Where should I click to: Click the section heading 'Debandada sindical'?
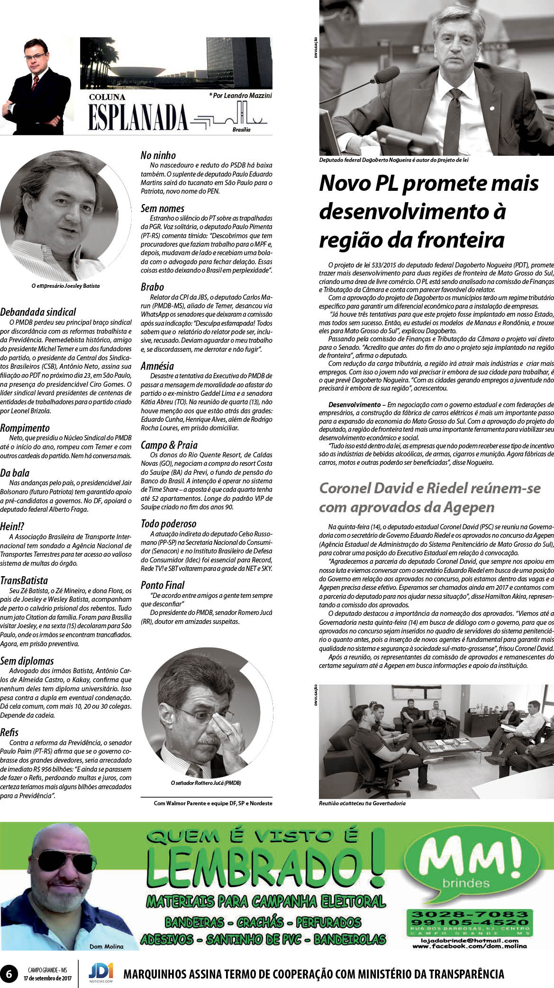[38, 312]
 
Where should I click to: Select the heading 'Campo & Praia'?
[169, 445]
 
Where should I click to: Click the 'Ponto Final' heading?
[163, 585]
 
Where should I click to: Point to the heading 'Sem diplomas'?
[27, 661]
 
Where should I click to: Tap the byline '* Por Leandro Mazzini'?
[240, 96]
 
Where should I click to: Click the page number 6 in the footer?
[9, 973]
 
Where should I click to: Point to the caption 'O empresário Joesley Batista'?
[65, 286]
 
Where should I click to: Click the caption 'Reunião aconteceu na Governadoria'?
[362, 803]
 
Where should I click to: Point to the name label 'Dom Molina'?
[106, 946]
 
